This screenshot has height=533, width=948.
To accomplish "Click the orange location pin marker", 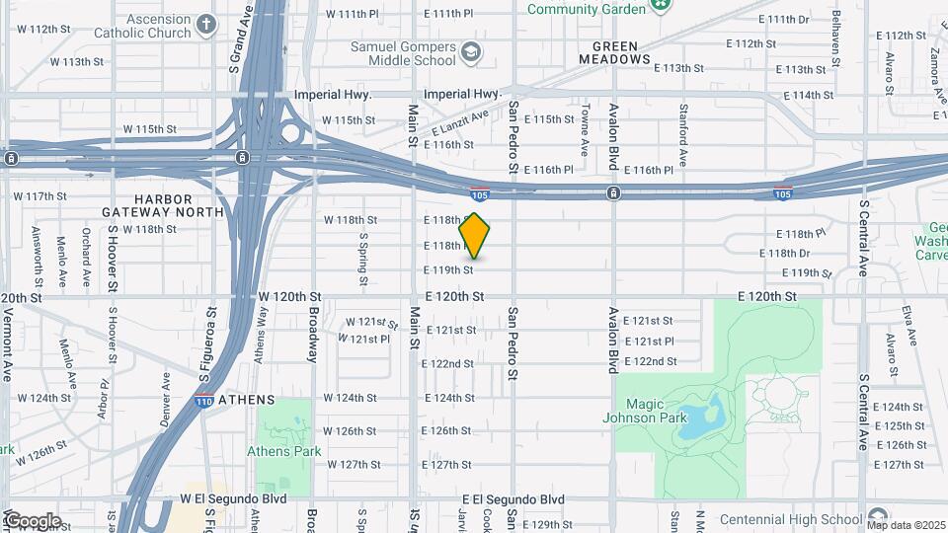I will coord(475,236).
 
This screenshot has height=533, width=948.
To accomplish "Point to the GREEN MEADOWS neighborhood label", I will coord(621,52).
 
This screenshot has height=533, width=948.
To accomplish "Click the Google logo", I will coord(32,521).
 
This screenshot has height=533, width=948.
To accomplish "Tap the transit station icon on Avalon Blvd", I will coord(613,192).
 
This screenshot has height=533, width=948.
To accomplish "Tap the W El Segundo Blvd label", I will coord(233,499).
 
